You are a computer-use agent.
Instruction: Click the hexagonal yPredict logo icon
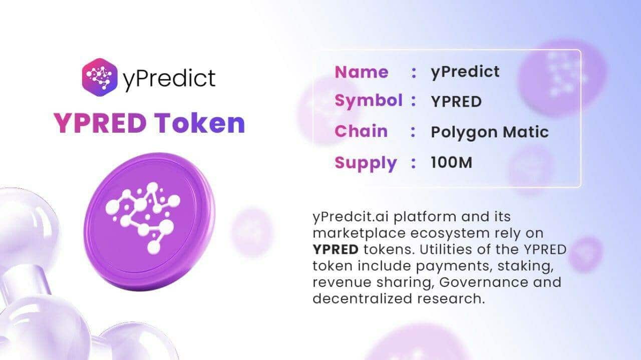[x=100, y=77]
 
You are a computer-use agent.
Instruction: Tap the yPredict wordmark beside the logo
[x=169, y=78]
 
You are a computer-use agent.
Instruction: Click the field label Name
[x=361, y=72]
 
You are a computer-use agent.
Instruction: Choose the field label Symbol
[x=368, y=101]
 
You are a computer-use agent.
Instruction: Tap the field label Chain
[x=361, y=132]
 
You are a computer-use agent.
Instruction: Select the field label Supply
[x=366, y=163]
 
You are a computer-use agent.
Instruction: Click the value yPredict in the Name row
[x=465, y=72]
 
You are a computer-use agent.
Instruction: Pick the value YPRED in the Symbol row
[x=456, y=102]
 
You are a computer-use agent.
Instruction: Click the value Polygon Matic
[x=489, y=132]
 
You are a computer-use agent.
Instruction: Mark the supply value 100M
[x=451, y=163]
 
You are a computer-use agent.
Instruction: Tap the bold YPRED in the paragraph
[x=335, y=249]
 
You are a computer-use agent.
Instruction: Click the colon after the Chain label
[x=413, y=132]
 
